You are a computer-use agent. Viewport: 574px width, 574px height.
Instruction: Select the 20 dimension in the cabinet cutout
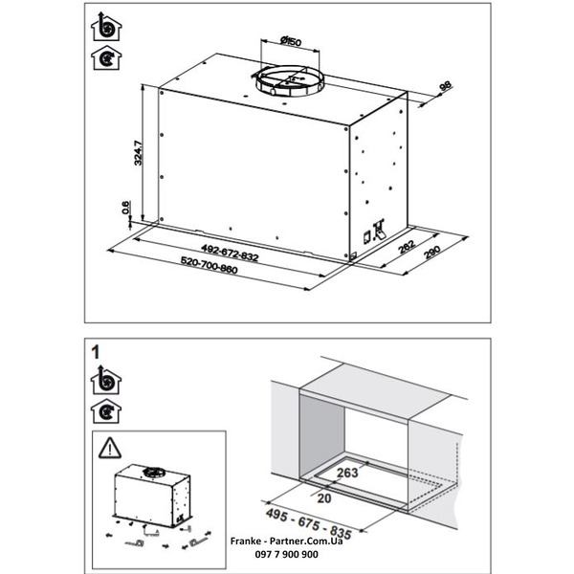pos(324,497)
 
